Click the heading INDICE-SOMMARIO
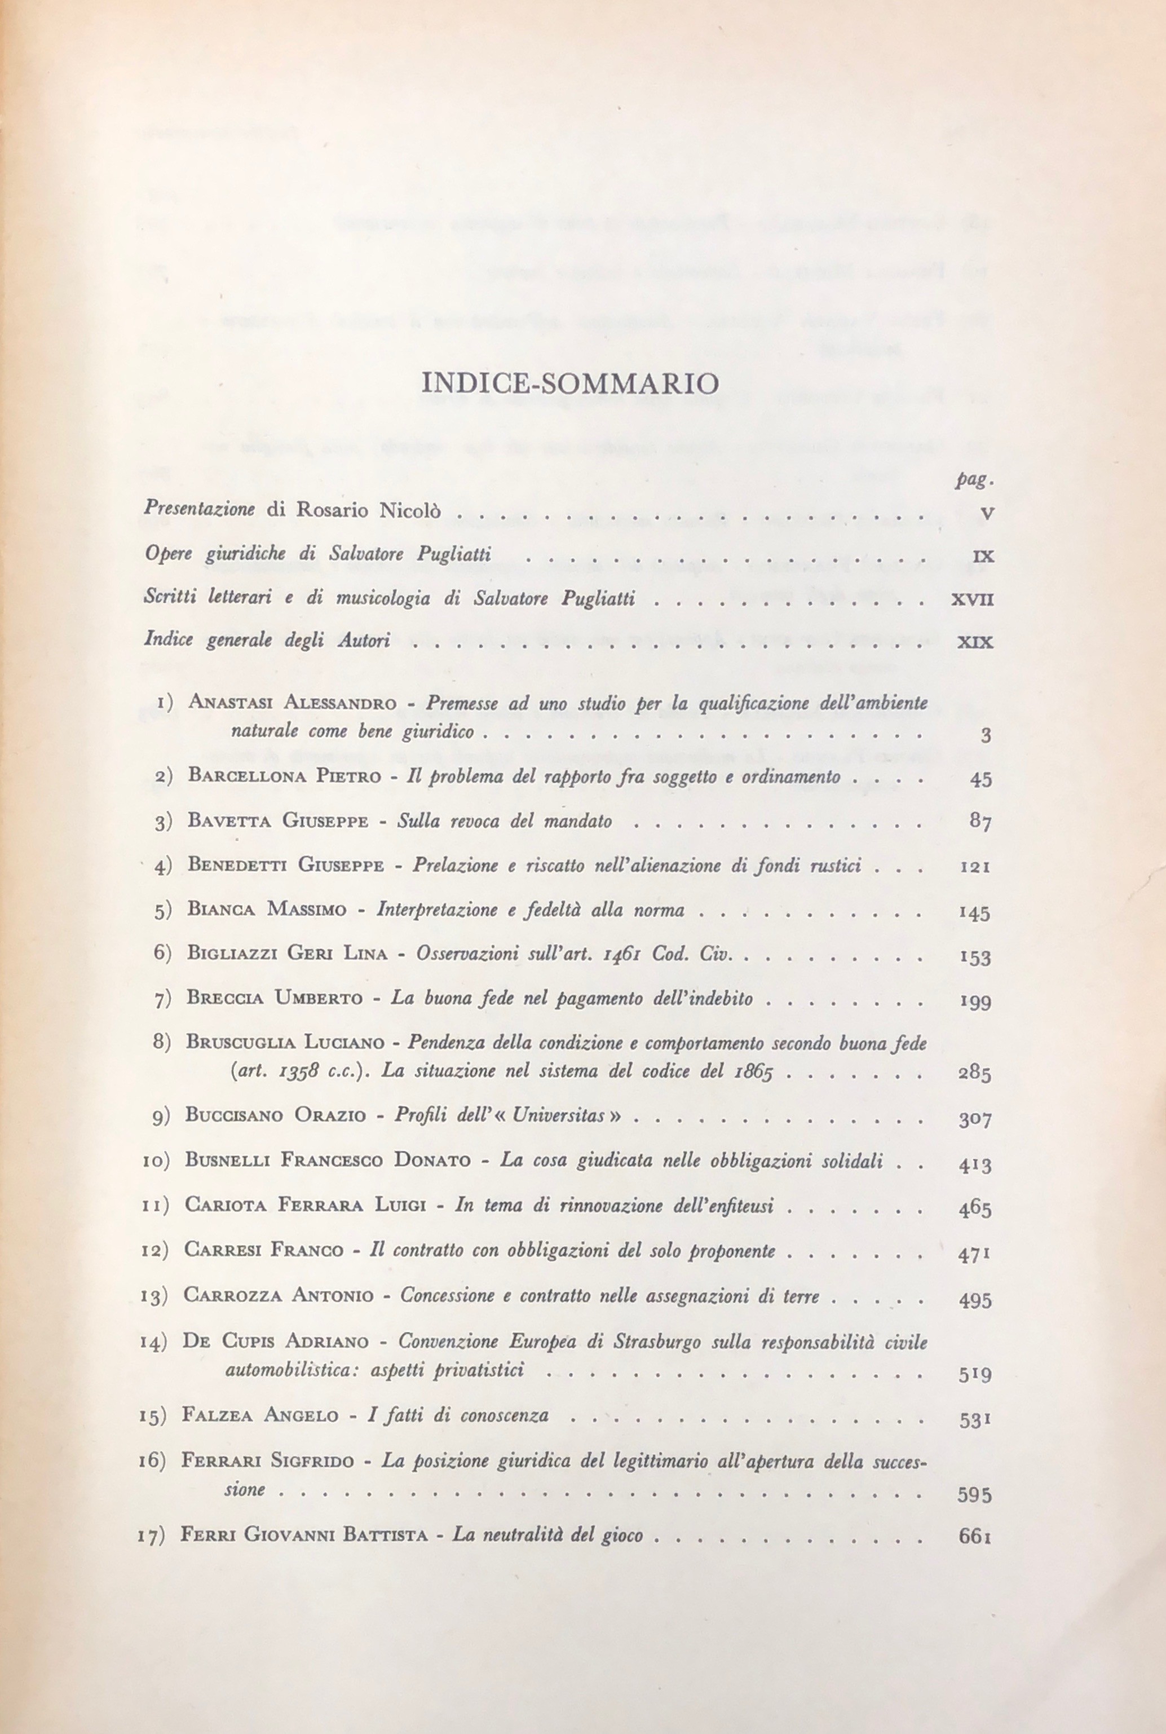click(571, 383)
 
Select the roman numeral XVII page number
click(972, 600)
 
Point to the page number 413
click(975, 1164)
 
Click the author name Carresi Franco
click(263, 1250)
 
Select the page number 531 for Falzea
click(975, 1419)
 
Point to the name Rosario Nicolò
click(369, 511)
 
